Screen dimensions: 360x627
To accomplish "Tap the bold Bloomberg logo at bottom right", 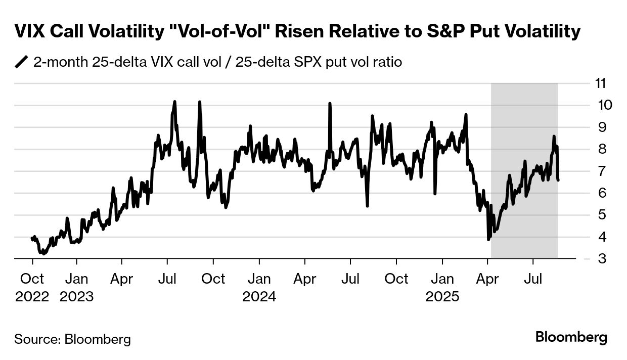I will (x=571, y=337).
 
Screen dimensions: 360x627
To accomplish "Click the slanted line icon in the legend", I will (x=22, y=62).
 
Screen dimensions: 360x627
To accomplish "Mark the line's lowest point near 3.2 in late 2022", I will (x=44, y=253).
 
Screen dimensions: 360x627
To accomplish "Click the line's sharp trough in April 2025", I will (x=488, y=239).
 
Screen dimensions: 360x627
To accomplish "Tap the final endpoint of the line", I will (x=558, y=179).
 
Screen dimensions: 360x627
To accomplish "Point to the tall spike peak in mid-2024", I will (x=330, y=104).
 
